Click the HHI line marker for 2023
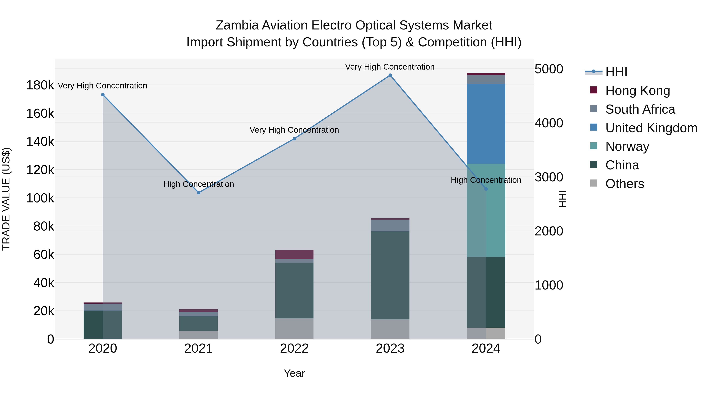[390, 75]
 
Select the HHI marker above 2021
[198, 193]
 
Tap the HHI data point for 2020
[103, 95]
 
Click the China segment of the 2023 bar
[390, 275]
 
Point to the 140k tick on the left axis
[40, 142]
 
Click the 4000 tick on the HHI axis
[549, 123]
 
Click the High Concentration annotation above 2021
[198, 184]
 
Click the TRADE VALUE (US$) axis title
[6, 199]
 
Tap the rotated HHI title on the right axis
[563, 199]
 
